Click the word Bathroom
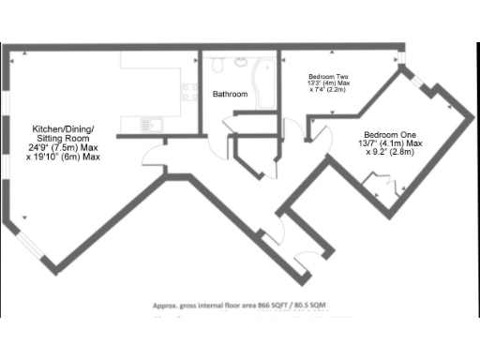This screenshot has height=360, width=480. (230, 95)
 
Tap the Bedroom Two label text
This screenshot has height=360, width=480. (329, 76)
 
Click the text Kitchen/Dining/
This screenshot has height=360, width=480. (64, 127)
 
